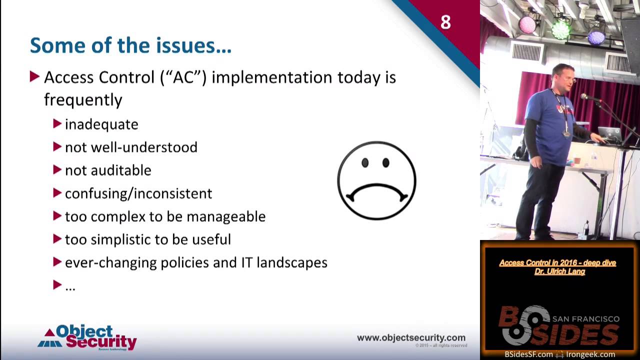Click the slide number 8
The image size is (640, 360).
click(445, 22)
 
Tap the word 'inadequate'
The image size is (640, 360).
click(101, 124)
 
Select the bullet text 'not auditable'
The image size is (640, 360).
click(108, 170)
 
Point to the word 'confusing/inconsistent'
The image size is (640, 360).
click(138, 193)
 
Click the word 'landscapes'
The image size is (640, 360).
click(292, 262)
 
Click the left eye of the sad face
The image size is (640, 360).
click(365, 163)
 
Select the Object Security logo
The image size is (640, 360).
click(88, 337)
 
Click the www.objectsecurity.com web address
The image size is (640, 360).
click(411, 338)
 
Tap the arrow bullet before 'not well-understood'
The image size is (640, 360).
click(57, 147)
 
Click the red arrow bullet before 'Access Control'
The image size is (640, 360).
click(34, 77)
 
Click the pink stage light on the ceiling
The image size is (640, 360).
click(527, 24)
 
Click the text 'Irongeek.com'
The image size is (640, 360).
click(590, 354)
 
